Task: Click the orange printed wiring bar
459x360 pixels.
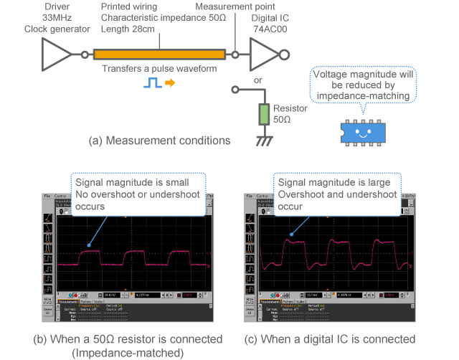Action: (158, 54)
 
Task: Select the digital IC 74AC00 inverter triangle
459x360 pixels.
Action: (263, 54)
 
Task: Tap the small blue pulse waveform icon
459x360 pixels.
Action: (152, 83)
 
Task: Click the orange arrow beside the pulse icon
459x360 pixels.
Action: (170, 83)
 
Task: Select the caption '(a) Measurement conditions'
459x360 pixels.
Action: (159, 141)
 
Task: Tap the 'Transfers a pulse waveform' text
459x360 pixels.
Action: (159, 69)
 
